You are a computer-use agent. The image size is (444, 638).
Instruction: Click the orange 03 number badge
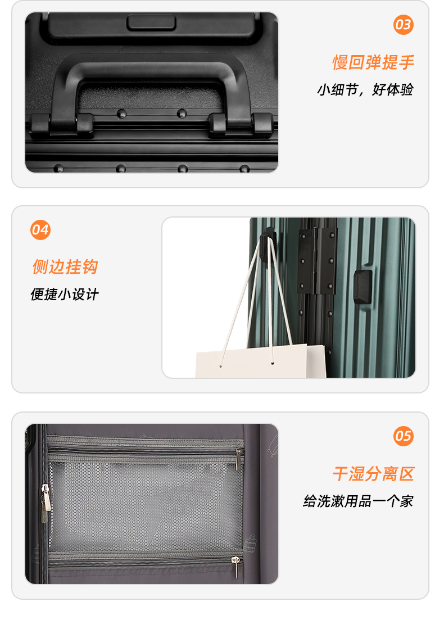point(404,25)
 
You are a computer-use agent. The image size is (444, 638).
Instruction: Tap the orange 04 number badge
point(40,230)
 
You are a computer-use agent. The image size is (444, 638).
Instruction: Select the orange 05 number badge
point(404,436)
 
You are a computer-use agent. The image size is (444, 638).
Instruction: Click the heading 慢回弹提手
point(373,62)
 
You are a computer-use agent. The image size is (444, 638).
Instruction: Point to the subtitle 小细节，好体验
point(365,89)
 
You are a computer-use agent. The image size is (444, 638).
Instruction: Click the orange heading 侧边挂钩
point(65,267)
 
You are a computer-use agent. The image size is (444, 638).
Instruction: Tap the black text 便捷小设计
point(64,294)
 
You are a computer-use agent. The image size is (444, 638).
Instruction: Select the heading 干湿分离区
point(373,474)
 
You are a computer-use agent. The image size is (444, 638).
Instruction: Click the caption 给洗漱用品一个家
point(358,501)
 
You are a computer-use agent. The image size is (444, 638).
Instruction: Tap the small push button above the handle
point(151,23)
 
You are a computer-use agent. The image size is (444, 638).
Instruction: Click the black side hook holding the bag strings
point(268,247)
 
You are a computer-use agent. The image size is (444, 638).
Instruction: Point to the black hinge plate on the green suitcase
point(318,260)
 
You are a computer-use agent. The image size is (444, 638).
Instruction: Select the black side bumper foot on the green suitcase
point(362,287)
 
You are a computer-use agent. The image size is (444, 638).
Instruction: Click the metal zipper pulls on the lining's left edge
point(46,503)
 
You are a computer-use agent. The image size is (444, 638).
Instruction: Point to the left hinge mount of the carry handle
point(62,124)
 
